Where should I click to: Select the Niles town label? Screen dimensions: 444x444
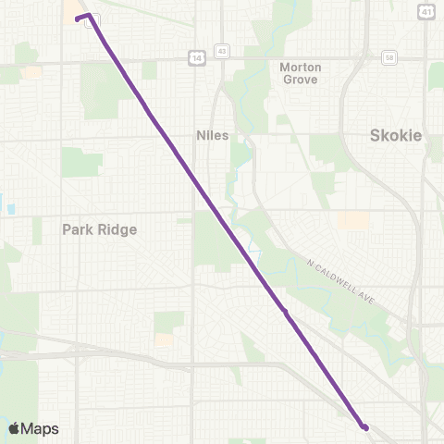212,135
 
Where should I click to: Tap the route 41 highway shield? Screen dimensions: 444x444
425,11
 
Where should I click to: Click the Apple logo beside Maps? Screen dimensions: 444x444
15,428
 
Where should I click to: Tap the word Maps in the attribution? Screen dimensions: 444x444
41,428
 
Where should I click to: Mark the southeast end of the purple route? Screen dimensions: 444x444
366,427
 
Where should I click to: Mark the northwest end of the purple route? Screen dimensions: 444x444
77,18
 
